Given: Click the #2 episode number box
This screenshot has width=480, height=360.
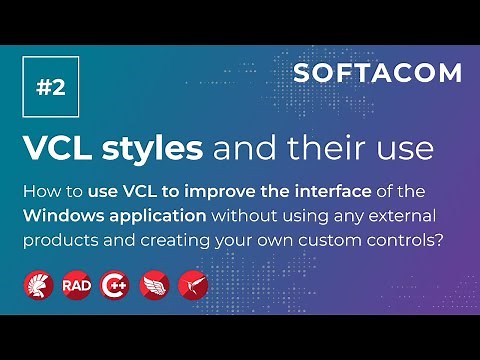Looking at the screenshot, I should pyautogui.click(x=50, y=87).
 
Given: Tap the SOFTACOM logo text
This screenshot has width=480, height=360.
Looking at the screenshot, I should pyautogui.click(x=378, y=73).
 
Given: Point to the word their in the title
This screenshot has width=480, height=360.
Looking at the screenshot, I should pyautogui.click(x=329, y=149).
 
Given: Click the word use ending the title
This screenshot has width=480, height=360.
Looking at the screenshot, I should pyautogui.click(x=408, y=149).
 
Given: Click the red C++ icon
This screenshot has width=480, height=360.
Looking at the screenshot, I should pyautogui.click(x=115, y=285).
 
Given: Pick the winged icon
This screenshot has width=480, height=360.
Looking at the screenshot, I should pyautogui.click(x=154, y=285).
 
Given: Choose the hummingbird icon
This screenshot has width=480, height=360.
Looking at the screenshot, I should pyautogui.click(x=192, y=285).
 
